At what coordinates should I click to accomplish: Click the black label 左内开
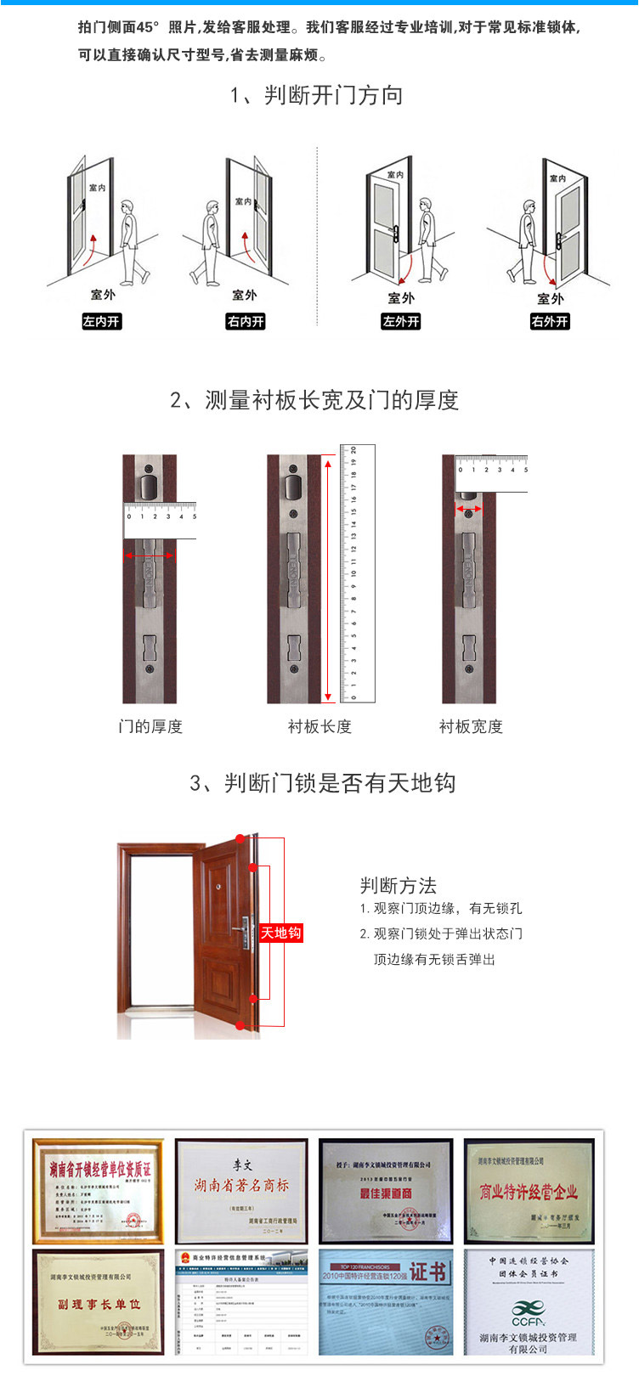pyautogui.click(x=101, y=322)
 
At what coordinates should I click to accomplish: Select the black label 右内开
pyautogui.click(x=245, y=322)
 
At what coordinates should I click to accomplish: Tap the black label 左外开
pyautogui.click(x=401, y=322)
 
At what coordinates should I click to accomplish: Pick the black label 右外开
pyautogui.click(x=550, y=322)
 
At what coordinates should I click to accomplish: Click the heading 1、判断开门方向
pyautogui.click(x=316, y=95)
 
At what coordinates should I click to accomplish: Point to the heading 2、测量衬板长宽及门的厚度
pyautogui.click(x=314, y=400)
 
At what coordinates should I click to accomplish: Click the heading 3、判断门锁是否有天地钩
pyautogui.click(x=322, y=782)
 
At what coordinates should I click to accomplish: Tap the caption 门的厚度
pyautogui.click(x=150, y=726)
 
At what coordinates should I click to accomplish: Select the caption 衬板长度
pyautogui.click(x=319, y=726)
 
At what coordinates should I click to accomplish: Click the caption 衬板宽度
pyautogui.click(x=471, y=726)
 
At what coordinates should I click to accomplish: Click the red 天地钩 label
pyautogui.click(x=280, y=933)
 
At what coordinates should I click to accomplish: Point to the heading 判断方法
pyautogui.click(x=398, y=886)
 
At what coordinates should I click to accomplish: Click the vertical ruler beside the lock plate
pyautogui.click(x=357, y=574)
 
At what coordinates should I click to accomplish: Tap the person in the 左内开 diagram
pyautogui.click(x=132, y=243)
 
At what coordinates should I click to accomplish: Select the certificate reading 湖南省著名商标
pyautogui.click(x=242, y=1191)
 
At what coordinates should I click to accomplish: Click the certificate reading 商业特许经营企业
pyautogui.click(x=529, y=1191)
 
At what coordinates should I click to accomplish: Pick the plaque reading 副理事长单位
pyautogui.click(x=98, y=1303)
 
